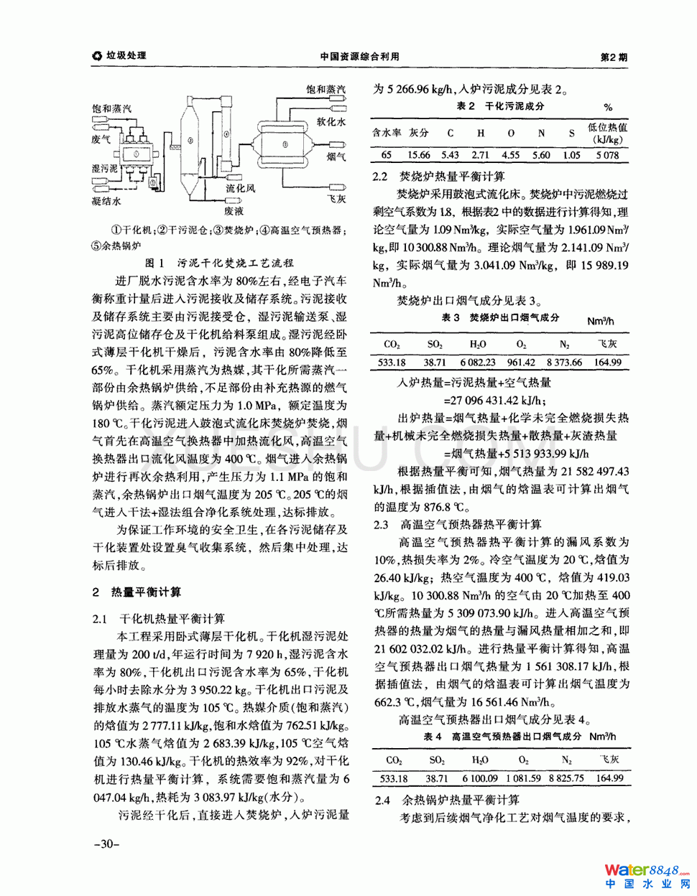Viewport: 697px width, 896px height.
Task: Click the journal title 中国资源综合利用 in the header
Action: [359, 57]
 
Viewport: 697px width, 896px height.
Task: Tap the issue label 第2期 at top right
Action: [613, 57]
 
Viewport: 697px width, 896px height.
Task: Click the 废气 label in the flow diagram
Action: [101, 139]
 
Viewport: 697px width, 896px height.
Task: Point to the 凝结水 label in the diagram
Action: [107, 201]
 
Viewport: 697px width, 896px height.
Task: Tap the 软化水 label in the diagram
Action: [331, 122]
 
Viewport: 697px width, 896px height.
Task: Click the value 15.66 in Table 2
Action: [418, 155]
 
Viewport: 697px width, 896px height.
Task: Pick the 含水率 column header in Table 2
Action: [387, 133]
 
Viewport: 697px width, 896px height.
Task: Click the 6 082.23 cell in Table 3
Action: [478, 363]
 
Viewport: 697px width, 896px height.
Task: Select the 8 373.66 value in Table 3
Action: [564, 363]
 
